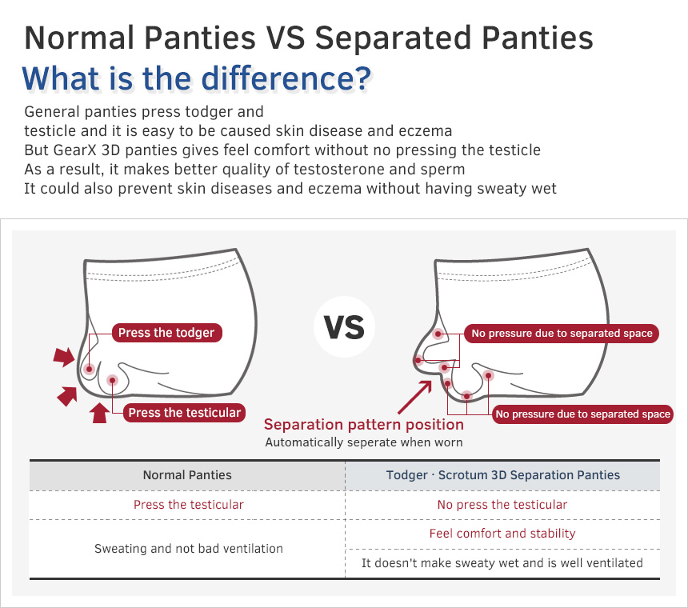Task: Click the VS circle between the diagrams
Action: pos(345,327)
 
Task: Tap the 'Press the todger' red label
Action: pos(166,333)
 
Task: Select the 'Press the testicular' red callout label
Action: pos(184,413)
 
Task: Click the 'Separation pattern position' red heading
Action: pos(364,425)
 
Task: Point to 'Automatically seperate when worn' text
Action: pos(364,442)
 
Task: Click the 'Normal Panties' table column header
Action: pos(187,475)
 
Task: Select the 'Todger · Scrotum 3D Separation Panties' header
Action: pos(503,475)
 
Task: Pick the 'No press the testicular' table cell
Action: pos(502,505)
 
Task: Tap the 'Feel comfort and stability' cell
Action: pos(502,534)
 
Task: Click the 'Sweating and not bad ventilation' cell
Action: pos(189,548)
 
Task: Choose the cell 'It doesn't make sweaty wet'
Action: pos(502,563)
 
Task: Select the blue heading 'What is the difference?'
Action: pos(197,78)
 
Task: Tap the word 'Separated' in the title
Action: pos(394,38)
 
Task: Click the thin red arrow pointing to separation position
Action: pos(414,398)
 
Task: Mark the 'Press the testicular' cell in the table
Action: pos(189,505)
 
